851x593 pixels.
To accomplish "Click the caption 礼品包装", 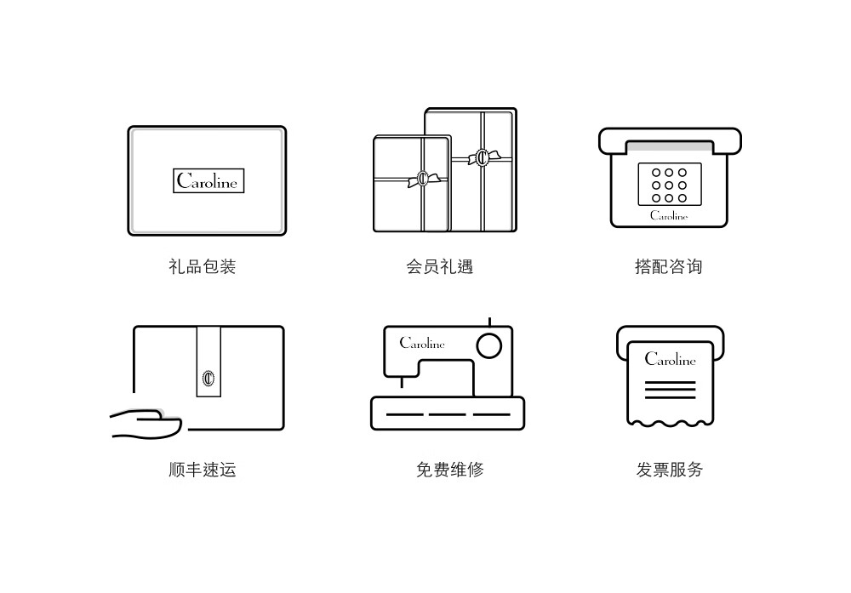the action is (203, 266).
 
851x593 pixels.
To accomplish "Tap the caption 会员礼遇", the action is (439, 266).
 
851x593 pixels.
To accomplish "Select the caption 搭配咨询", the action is (669, 266).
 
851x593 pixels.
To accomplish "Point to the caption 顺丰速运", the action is (203, 469).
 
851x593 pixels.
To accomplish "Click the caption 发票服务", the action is (670, 469).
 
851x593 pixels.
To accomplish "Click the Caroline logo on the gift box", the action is (208, 180).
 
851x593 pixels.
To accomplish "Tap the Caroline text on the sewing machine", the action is (422, 344).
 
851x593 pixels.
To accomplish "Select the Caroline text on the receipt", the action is (670, 359).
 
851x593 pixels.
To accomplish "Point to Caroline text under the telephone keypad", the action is (669, 216).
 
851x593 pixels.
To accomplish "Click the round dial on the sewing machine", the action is (488, 346).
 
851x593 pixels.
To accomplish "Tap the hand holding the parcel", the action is (146, 424).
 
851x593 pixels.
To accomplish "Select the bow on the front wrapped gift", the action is (421, 180).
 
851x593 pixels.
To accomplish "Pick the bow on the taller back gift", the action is (483, 157).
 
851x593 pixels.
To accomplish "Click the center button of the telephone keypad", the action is (669, 185).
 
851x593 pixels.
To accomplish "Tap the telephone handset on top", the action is (670, 140).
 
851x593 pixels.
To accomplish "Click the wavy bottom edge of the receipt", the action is (670, 420).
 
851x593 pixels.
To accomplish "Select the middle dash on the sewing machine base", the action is (448, 414).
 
